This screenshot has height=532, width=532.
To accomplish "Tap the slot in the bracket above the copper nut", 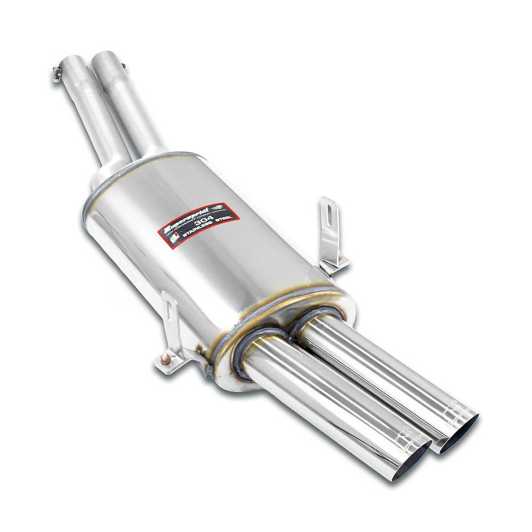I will click(170, 311).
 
